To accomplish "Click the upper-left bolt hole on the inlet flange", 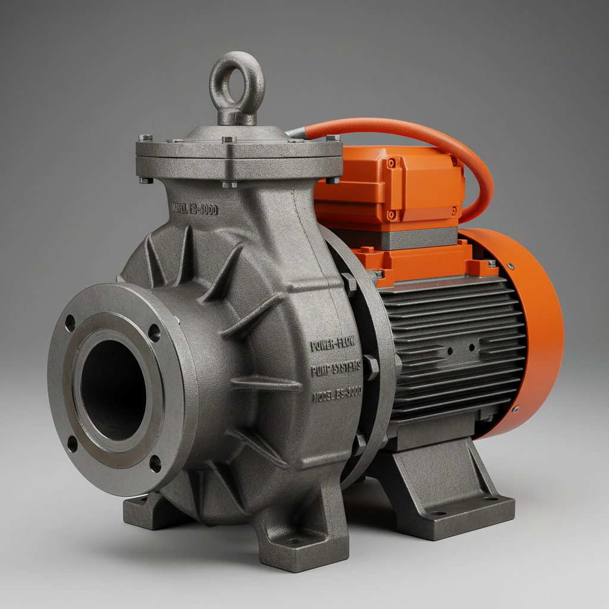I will click(70, 323).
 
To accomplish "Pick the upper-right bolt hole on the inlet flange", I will click(154, 332).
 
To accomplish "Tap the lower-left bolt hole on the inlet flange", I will click(72, 444).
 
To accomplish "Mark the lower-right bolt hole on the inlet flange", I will click(155, 463).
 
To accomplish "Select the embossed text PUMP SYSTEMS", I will click(335, 371).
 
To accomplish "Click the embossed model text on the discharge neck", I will click(194, 209).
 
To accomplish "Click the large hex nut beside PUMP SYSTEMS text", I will click(371, 367).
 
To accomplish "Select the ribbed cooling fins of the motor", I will click(452, 345).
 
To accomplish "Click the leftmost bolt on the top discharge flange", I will click(146, 138).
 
